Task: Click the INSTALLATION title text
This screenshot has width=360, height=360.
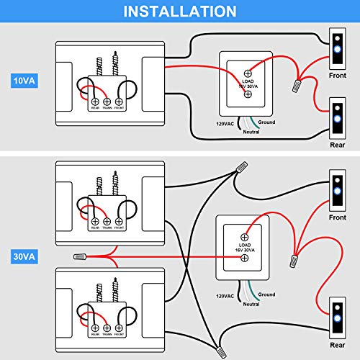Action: tap(180, 12)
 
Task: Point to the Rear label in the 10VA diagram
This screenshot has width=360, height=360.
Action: tap(337, 143)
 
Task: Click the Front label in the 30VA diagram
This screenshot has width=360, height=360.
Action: tap(337, 217)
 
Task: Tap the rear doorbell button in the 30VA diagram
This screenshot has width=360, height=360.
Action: tap(337, 321)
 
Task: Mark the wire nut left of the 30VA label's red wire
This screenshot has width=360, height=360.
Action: tap(81, 256)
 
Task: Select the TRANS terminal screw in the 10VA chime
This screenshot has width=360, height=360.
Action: tap(108, 101)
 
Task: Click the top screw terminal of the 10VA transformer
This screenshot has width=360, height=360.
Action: tap(248, 73)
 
